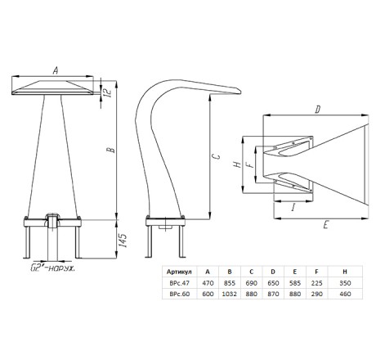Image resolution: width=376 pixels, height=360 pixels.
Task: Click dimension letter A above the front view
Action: point(56,70)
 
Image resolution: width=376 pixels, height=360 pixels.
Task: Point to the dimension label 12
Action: point(108,92)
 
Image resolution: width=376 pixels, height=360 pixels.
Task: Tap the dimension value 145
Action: point(123,241)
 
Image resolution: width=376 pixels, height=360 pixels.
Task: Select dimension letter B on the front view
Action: point(111,150)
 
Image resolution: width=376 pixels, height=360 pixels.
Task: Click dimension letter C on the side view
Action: point(216,156)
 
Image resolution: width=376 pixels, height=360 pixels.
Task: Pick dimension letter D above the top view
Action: point(317,110)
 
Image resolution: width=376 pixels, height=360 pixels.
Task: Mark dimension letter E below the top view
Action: point(325,225)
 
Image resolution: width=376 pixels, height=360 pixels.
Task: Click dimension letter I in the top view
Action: point(293,208)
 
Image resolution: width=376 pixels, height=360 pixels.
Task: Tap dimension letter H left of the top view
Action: point(237,164)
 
